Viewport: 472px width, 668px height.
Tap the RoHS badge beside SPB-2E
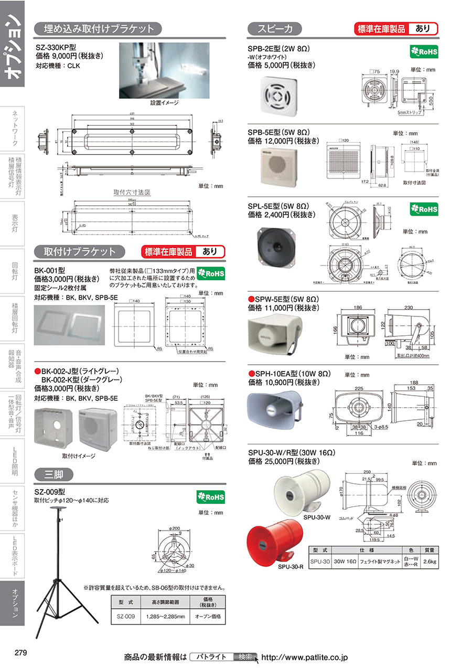[423, 52]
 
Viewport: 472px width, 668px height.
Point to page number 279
[21, 653]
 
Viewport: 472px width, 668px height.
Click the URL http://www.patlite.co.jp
[304, 657]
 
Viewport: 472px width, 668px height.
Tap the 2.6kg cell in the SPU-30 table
[429, 561]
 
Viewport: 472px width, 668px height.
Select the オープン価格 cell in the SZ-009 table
[208, 617]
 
